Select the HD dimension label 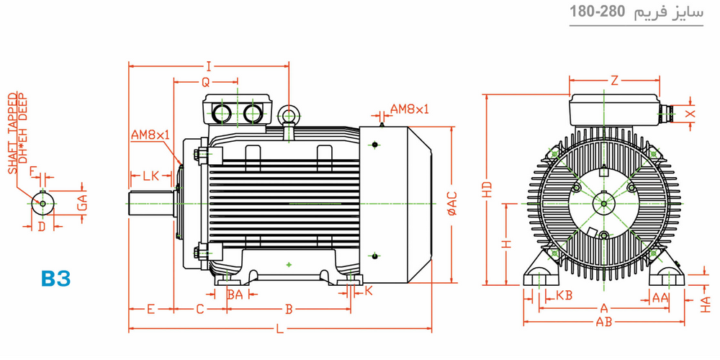point(487,189)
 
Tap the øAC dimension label point(451,203)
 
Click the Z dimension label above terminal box point(614,81)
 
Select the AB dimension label point(604,322)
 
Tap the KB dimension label point(564,295)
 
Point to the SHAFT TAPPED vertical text point(13,133)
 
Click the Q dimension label point(205,82)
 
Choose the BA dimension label point(235,294)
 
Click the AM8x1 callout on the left point(150,135)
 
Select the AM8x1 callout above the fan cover point(409,109)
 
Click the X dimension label point(690,114)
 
